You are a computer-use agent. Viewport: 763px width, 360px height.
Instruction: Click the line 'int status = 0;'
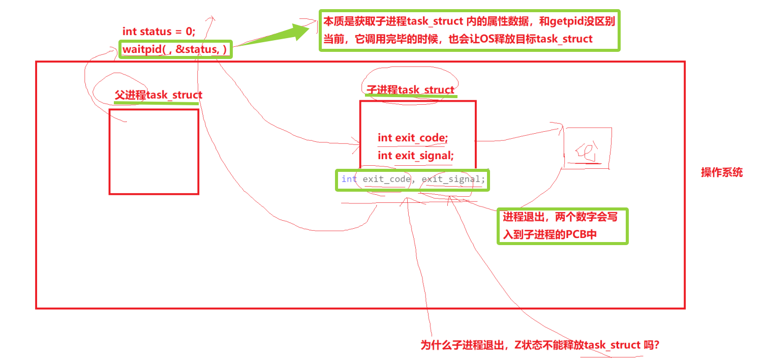pyautogui.click(x=159, y=32)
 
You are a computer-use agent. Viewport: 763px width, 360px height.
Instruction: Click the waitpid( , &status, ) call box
pyautogui.click(x=175, y=49)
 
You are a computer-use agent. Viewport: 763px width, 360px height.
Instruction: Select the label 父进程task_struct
pyautogui.click(x=159, y=95)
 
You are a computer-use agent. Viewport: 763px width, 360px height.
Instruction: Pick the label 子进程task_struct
pyautogui.click(x=411, y=90)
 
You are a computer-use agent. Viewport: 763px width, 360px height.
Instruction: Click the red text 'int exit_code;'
pyautogui.click(x=412, y=138)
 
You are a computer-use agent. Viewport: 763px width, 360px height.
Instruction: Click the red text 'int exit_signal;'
pyautogui.click(x=415, y=156)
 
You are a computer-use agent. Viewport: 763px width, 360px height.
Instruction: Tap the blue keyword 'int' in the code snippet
pyautogui.click(x=349, y=179)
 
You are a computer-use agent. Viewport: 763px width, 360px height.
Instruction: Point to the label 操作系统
pyautogui.click(x=722, y=172)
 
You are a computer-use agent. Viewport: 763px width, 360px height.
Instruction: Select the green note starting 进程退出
pyautogui.click(x=562, y=226)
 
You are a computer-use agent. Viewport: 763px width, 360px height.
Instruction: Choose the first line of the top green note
pyautogui.click(x=470, y=22)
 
